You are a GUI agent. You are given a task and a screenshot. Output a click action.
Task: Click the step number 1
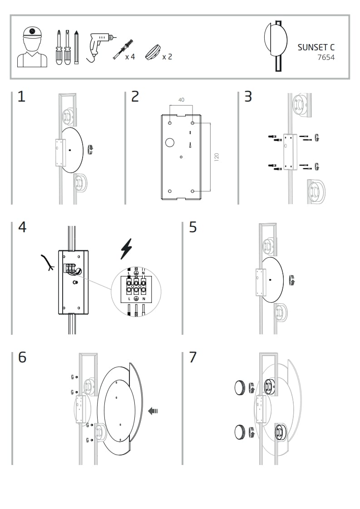coord(21,97)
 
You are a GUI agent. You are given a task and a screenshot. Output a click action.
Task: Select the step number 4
coord(22,227)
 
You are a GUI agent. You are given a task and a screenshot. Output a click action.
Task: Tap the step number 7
coord(193,357)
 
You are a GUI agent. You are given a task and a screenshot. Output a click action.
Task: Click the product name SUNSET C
coord(316,47)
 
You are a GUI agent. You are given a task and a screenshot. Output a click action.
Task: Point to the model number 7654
coord(325,58)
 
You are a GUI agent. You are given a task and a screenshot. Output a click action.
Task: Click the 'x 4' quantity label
coord(130,57)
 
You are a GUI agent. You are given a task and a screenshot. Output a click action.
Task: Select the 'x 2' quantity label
coord(167,57)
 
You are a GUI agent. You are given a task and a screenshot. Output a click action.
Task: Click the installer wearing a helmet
coord(32,47)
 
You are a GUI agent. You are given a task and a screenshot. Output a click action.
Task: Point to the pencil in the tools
coord(77,47)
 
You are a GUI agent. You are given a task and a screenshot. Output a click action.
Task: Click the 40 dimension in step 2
coord(182,100)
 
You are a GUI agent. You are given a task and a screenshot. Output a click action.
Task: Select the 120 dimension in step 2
coord(217,157)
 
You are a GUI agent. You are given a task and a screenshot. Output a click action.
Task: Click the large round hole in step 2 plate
coord(170,142)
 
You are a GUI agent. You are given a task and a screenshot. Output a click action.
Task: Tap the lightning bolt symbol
coord(126,249)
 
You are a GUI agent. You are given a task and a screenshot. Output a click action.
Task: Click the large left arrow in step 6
coord(153,411)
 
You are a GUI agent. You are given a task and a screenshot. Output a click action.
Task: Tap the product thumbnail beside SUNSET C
coord(276,44)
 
